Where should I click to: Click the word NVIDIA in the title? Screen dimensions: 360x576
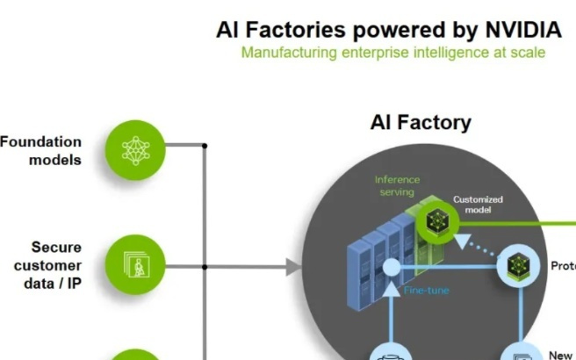point(522,30)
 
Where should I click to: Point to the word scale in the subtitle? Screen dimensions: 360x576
point(528,53)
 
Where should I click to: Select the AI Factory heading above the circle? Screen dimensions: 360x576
point(421,123)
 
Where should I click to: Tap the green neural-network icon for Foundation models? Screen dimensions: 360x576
point(135,150)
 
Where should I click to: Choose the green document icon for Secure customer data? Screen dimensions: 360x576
point(135,265)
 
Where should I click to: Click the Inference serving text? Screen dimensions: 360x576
point(397,185)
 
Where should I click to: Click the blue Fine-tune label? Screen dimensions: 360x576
point(427,290)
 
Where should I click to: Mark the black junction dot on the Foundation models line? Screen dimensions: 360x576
point(205,146)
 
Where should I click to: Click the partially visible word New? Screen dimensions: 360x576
point(560,355)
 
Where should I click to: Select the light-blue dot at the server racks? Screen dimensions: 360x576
point(392,267)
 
